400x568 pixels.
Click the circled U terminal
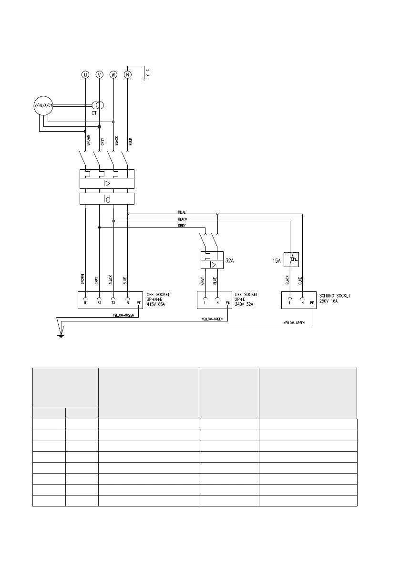click(85, 74)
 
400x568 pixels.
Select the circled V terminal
click(99, 74)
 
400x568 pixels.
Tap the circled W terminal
click(113, 74)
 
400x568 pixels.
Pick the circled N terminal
click(127, 74)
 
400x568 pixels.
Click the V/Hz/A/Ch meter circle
click(43, 105)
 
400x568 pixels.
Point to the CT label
click(94, 114)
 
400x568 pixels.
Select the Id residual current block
click(107, 199)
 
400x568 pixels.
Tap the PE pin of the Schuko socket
click(312, 302)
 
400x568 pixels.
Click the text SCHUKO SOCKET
click(335, 296)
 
